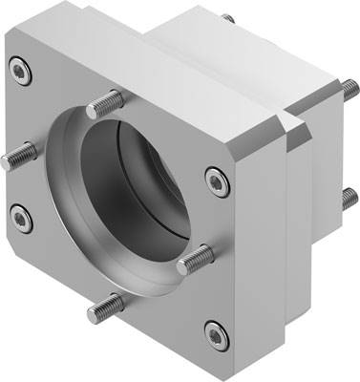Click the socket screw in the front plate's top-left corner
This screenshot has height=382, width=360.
(21, 67)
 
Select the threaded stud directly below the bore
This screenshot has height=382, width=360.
(110, 308)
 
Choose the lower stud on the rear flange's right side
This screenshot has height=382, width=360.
(346, 198)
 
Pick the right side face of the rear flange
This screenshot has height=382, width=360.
(320, 191)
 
